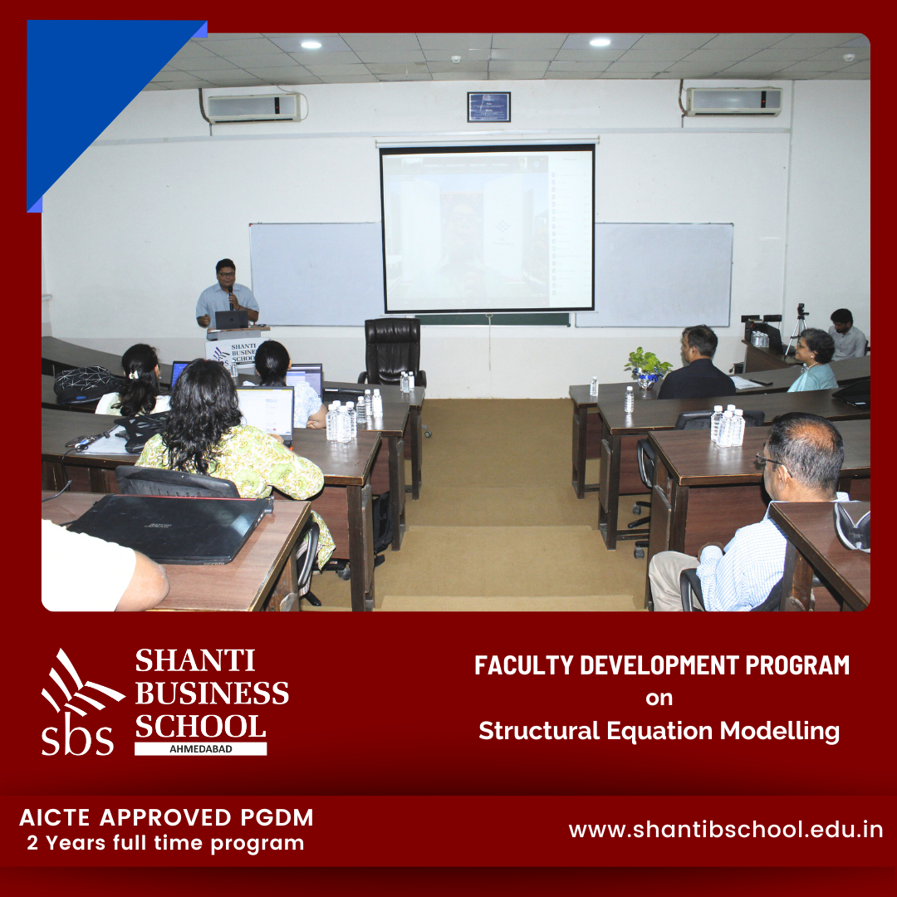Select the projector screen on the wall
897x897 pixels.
pos(488,228)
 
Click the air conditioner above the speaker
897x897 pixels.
pos(255,107)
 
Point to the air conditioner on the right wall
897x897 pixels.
pos(734,101)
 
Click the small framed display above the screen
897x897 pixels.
pos(488,107)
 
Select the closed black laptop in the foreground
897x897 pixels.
pos(169,527)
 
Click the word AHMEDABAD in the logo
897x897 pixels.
pos(201,749)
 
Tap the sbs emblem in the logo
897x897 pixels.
pos(80,703)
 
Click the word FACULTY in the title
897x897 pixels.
pos(523,665)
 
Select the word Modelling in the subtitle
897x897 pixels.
pos(779,732)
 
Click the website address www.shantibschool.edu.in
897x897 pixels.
pos(725,830)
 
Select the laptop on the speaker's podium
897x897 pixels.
pos(231,319)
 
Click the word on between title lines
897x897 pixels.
pos(659,698)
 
